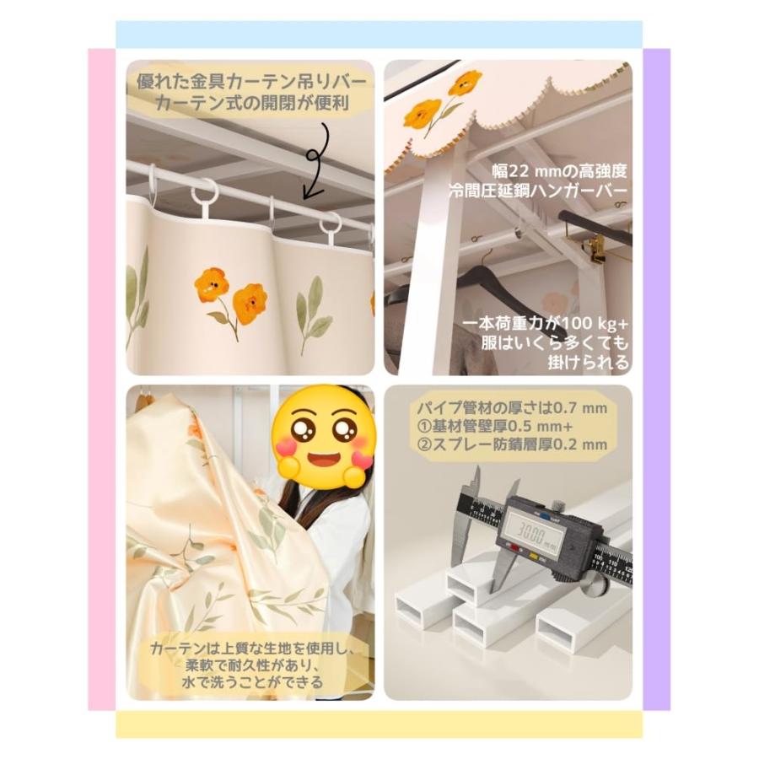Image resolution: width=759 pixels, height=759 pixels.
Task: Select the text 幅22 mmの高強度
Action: click(560, 171)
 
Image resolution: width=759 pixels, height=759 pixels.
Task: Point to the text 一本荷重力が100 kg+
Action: click(545, 324)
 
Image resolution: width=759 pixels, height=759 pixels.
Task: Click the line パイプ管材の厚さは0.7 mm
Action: click(512, 407)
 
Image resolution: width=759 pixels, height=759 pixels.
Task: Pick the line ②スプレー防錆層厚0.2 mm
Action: click(512, 444)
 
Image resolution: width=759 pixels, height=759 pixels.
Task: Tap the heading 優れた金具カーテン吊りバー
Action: click(251, 81)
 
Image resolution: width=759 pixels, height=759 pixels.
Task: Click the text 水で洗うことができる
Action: click(252, 682)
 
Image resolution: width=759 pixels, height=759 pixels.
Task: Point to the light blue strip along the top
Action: click(379, 35)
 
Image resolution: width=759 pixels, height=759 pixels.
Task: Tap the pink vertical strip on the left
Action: click(102, 379)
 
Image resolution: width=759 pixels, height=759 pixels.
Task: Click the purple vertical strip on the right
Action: click(656, 379)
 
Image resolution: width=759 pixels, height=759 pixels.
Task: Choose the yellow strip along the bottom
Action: click(379, 724)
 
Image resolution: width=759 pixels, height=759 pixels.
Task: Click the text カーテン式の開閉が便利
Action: click(252, 103)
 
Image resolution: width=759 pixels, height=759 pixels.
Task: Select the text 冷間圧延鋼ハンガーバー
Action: click(538, 191)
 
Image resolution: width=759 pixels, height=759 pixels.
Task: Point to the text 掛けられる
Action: click(588, 363)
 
